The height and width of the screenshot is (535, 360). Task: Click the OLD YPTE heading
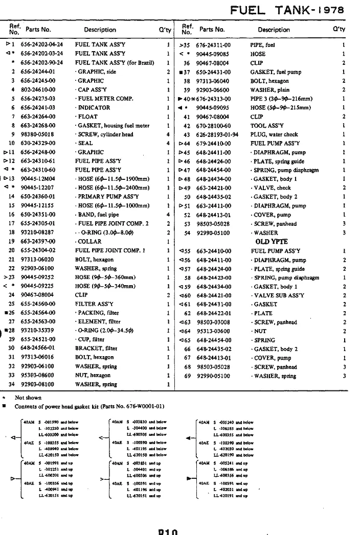coord(272,242)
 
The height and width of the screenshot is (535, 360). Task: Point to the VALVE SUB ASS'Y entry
coord(278,295)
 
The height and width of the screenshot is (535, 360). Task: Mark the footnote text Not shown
coord(28,398)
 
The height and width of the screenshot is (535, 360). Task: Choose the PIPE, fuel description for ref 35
coord(263,45)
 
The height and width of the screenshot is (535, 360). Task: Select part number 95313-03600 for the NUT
coord(213,331)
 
